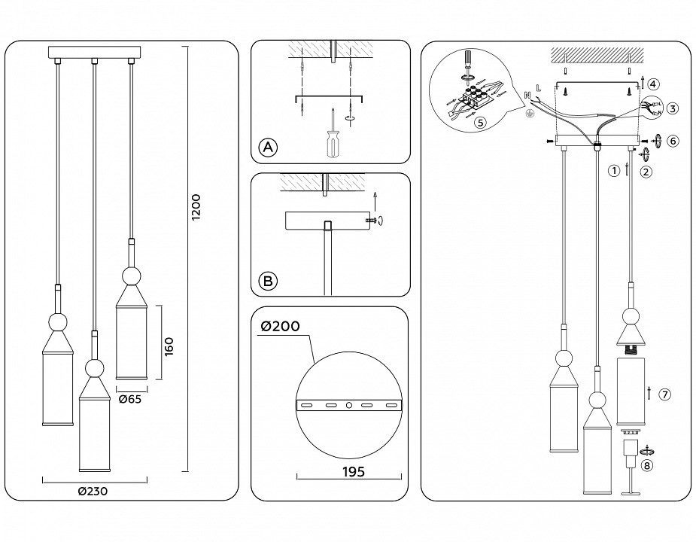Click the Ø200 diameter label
280,326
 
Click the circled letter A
266,148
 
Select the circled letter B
266,282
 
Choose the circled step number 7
664,394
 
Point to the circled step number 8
647,465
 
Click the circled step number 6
673,141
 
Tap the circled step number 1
614,171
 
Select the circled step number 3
672,108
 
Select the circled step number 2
646,172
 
